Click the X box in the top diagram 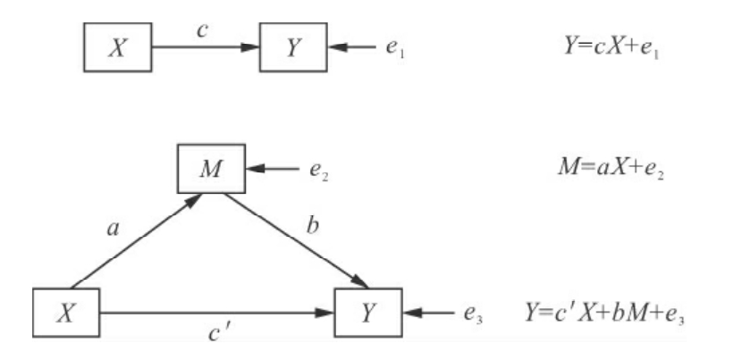pos(117,46)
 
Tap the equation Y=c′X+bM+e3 pos(606,313)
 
